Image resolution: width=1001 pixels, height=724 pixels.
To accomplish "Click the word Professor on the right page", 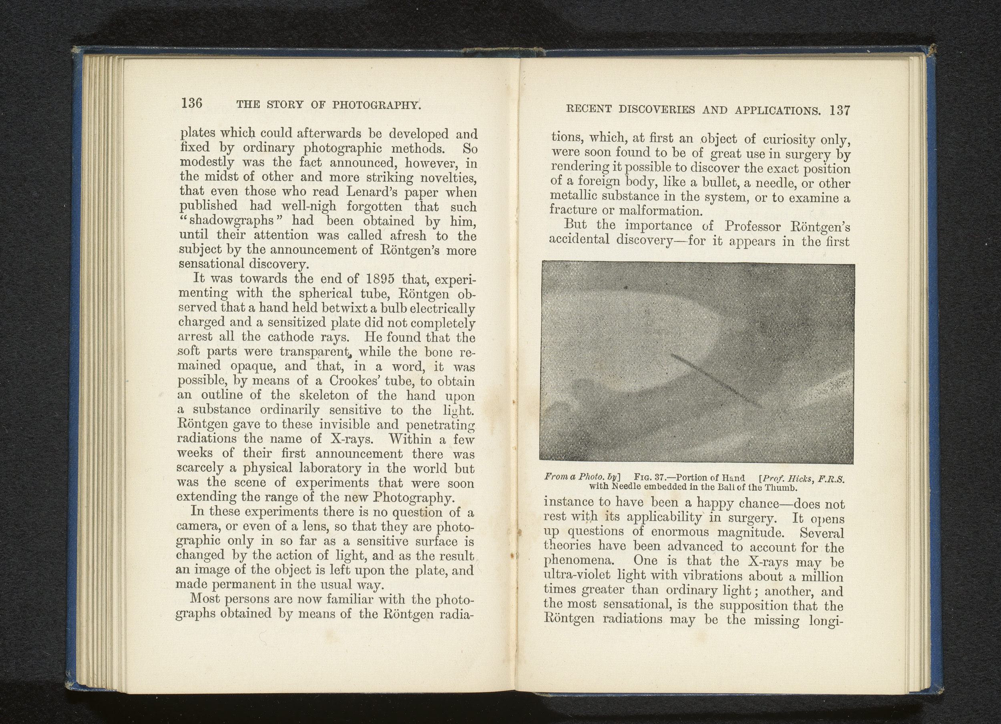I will [753, 227].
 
